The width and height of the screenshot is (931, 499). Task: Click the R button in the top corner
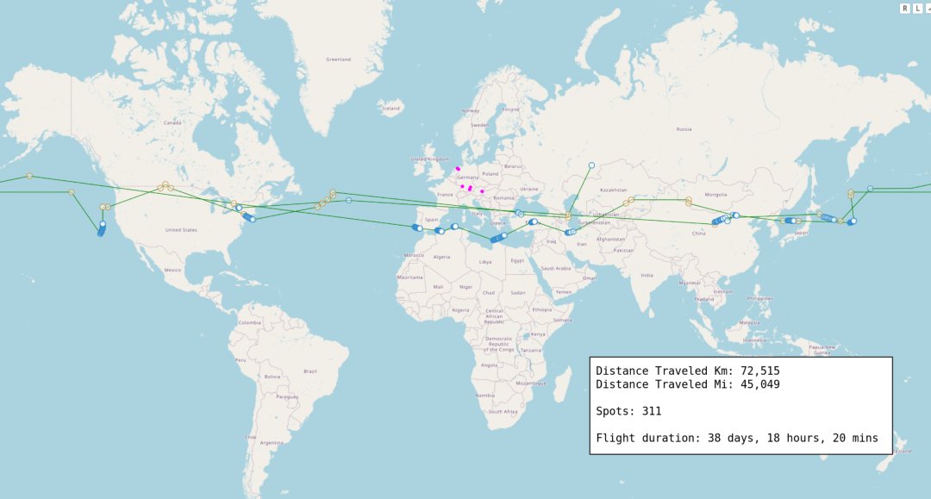(905, 8)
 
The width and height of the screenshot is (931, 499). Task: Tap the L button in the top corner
(917, 8)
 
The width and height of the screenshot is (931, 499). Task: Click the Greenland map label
(338, 59)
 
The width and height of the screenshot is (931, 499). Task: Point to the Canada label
(172, 122)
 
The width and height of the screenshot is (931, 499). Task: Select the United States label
(181, 230)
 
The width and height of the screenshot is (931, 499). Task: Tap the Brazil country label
(310, 371)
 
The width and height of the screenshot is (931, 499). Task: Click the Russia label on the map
(684, 129)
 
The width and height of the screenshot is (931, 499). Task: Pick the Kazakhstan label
(614, 190)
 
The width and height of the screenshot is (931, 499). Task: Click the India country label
(647, 275)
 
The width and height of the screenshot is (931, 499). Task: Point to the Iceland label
(391, 109)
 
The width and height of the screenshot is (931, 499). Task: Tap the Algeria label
(441, 256)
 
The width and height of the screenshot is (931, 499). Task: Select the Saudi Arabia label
(556, 268)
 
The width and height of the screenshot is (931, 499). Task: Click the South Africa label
(502, 412)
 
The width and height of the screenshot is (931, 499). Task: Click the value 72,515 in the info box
(752, 371)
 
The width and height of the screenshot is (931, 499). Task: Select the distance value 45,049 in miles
(752, 384)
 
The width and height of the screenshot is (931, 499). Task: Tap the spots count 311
(651, 411)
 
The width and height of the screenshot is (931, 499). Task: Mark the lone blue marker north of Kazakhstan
(591, 165)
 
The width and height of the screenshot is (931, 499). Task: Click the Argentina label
(272, 442)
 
